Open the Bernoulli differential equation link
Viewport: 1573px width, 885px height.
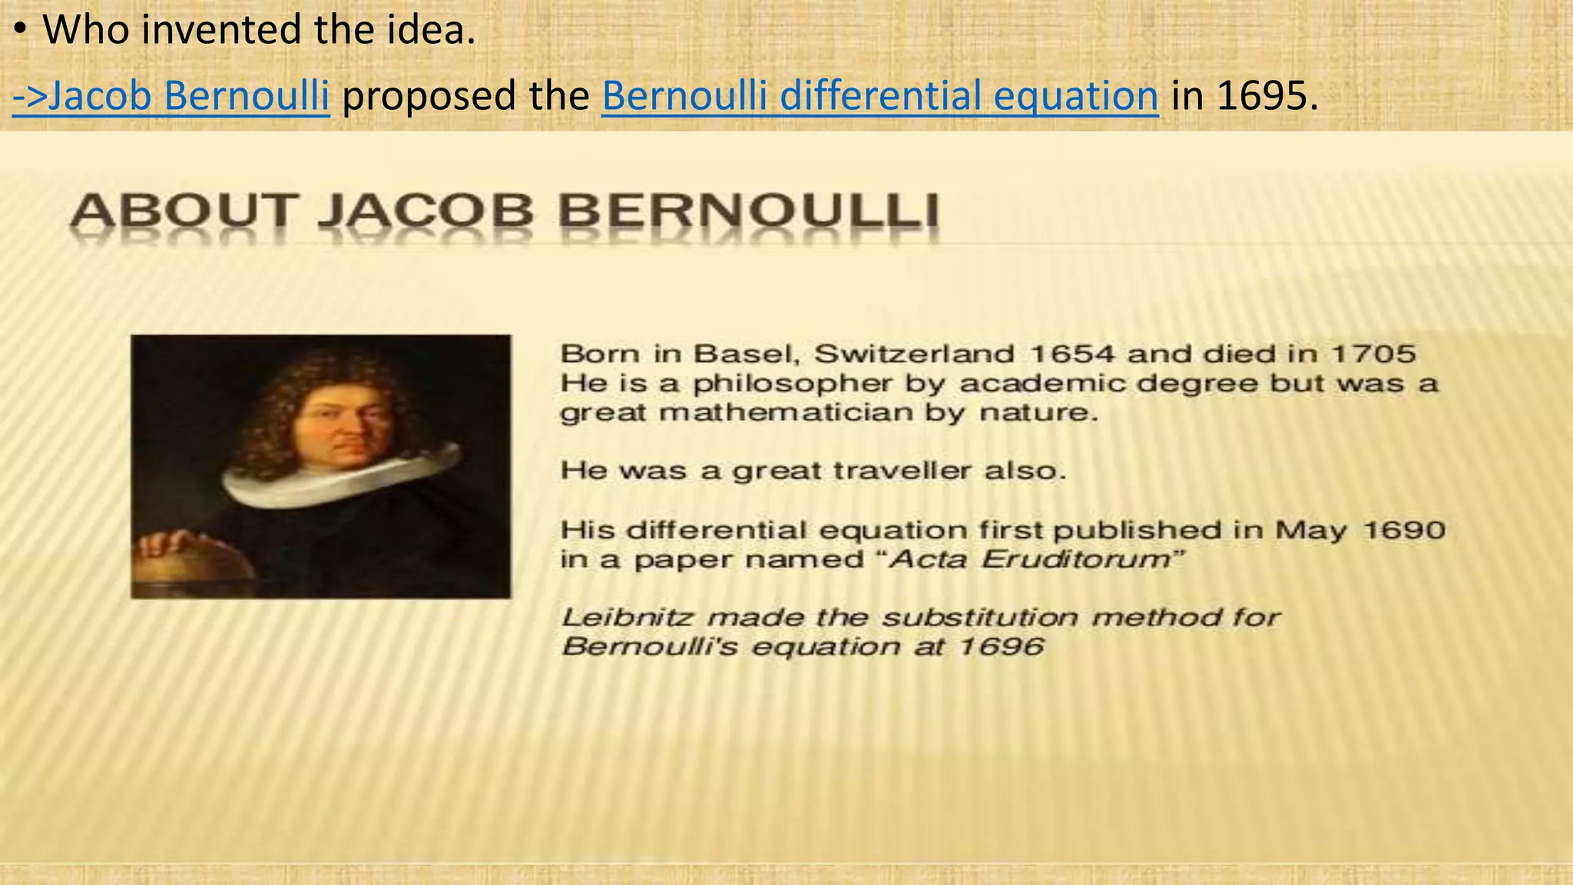(x=879, y=96)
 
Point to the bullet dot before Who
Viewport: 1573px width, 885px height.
(x=22, y=31)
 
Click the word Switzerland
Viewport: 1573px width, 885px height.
(x=914, y=354)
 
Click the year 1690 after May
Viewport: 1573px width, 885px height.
(x=1405, y=530)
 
